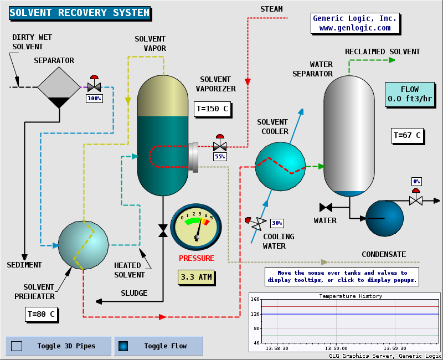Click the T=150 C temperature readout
coord(212,109)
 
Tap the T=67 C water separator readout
coord(407,135)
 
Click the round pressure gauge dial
coord(196,227)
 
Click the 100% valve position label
coord(94,99)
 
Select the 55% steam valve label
coord(220,157)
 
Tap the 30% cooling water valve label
coord(277,223)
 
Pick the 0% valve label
coord(416,182)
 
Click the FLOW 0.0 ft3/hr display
coord(410,95)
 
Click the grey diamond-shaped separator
coord(59,88)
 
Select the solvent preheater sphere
coord(83,245)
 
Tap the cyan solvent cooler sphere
coord(280,166)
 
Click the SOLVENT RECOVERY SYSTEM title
coord(80,13)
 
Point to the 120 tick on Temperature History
coord(255,314)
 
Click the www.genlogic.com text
coord(355,28)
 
